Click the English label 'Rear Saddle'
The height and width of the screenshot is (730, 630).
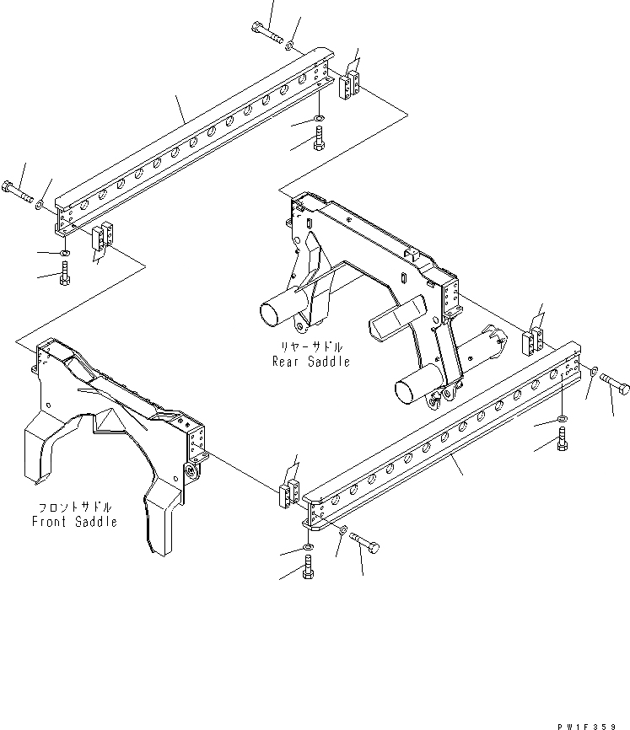point(310,362)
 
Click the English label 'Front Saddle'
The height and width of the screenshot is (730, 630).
point(74,522)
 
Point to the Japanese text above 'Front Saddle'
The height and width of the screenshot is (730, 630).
point(75,507)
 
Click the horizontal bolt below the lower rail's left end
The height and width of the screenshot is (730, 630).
point(363,542)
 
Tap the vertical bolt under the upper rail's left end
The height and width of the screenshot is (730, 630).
point(66,274)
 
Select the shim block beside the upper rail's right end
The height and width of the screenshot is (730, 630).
point(351,85)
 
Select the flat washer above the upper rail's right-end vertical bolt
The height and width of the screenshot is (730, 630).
point(319,116)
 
